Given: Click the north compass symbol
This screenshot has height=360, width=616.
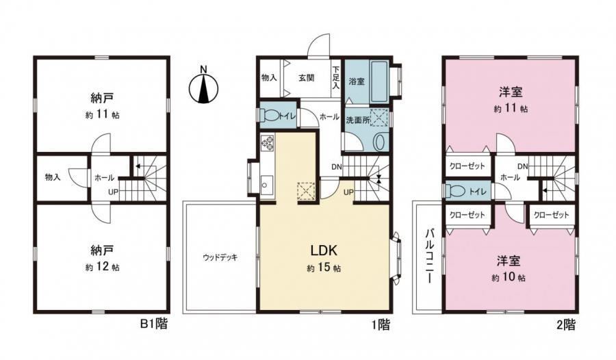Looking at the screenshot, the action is point(203,86).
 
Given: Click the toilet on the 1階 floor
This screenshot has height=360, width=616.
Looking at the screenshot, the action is point(270,116).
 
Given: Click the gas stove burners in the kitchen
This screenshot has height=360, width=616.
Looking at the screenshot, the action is point(268,142).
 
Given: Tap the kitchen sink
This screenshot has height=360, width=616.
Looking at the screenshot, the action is point(267,184).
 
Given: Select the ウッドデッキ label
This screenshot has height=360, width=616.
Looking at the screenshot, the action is point(220,258).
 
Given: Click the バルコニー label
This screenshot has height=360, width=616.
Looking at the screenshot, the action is point(429,255).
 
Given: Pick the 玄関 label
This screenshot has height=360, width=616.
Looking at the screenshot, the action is point(307,77).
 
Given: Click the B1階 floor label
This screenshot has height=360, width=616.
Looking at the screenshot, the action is point(154,324).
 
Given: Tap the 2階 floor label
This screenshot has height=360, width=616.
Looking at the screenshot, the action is point(566,324).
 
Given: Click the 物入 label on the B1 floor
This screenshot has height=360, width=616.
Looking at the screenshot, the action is point(53,177).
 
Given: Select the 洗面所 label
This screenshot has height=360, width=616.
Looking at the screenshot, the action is point(357,120).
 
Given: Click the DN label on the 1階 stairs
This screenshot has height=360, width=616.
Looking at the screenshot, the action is point(337,166).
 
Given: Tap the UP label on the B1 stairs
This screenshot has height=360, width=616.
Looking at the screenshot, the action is point(113,192).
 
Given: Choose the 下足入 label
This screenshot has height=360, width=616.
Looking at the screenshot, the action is point(336,77).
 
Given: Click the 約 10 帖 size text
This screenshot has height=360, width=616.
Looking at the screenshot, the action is point(509,277).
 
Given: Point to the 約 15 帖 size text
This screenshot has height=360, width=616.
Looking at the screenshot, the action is point(324,268).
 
